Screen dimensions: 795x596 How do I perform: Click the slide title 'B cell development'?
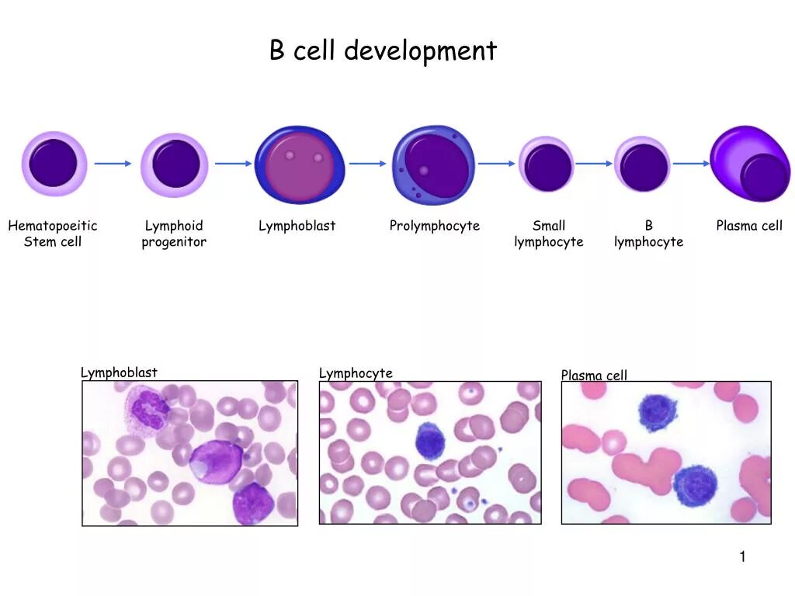(x=383, y=51)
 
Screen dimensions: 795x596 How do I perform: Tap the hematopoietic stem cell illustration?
(x=53, y=164)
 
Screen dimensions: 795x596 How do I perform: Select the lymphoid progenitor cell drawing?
(x=175, y=165)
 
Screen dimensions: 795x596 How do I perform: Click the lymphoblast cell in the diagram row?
(x=298, y=165)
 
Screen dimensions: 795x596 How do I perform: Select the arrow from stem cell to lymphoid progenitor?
(x=113, y=164)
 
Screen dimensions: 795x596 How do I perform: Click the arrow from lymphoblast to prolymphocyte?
(x=367, y=164)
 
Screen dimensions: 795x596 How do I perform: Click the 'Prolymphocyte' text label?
(x=434, y=226)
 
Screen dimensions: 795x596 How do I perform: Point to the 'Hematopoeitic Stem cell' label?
(x=53, y=234)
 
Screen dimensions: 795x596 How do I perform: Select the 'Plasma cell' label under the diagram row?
(x=749, y=226)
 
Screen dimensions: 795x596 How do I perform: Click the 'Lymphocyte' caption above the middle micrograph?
(x=356, y=373)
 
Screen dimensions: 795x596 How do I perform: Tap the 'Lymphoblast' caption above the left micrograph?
(x=119, y=372)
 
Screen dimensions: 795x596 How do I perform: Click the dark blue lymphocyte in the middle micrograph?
(x=429, y=441)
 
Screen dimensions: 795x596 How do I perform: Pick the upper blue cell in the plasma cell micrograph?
(x=658, y=412)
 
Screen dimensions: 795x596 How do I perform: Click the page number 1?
(x=742, y=556)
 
